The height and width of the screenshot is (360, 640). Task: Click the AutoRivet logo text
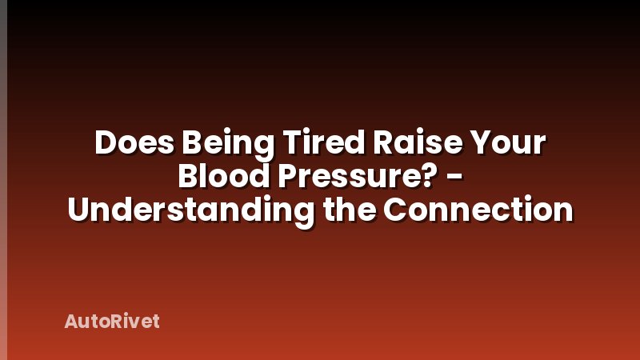point(112,322)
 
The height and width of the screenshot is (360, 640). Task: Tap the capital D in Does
point(105,144)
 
